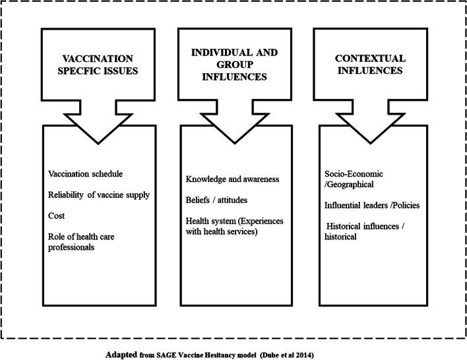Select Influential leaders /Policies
tap(372, 205)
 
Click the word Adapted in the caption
tap(123, 354)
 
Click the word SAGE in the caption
tap(170, 354)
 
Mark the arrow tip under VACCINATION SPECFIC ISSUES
tap(98, 142)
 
